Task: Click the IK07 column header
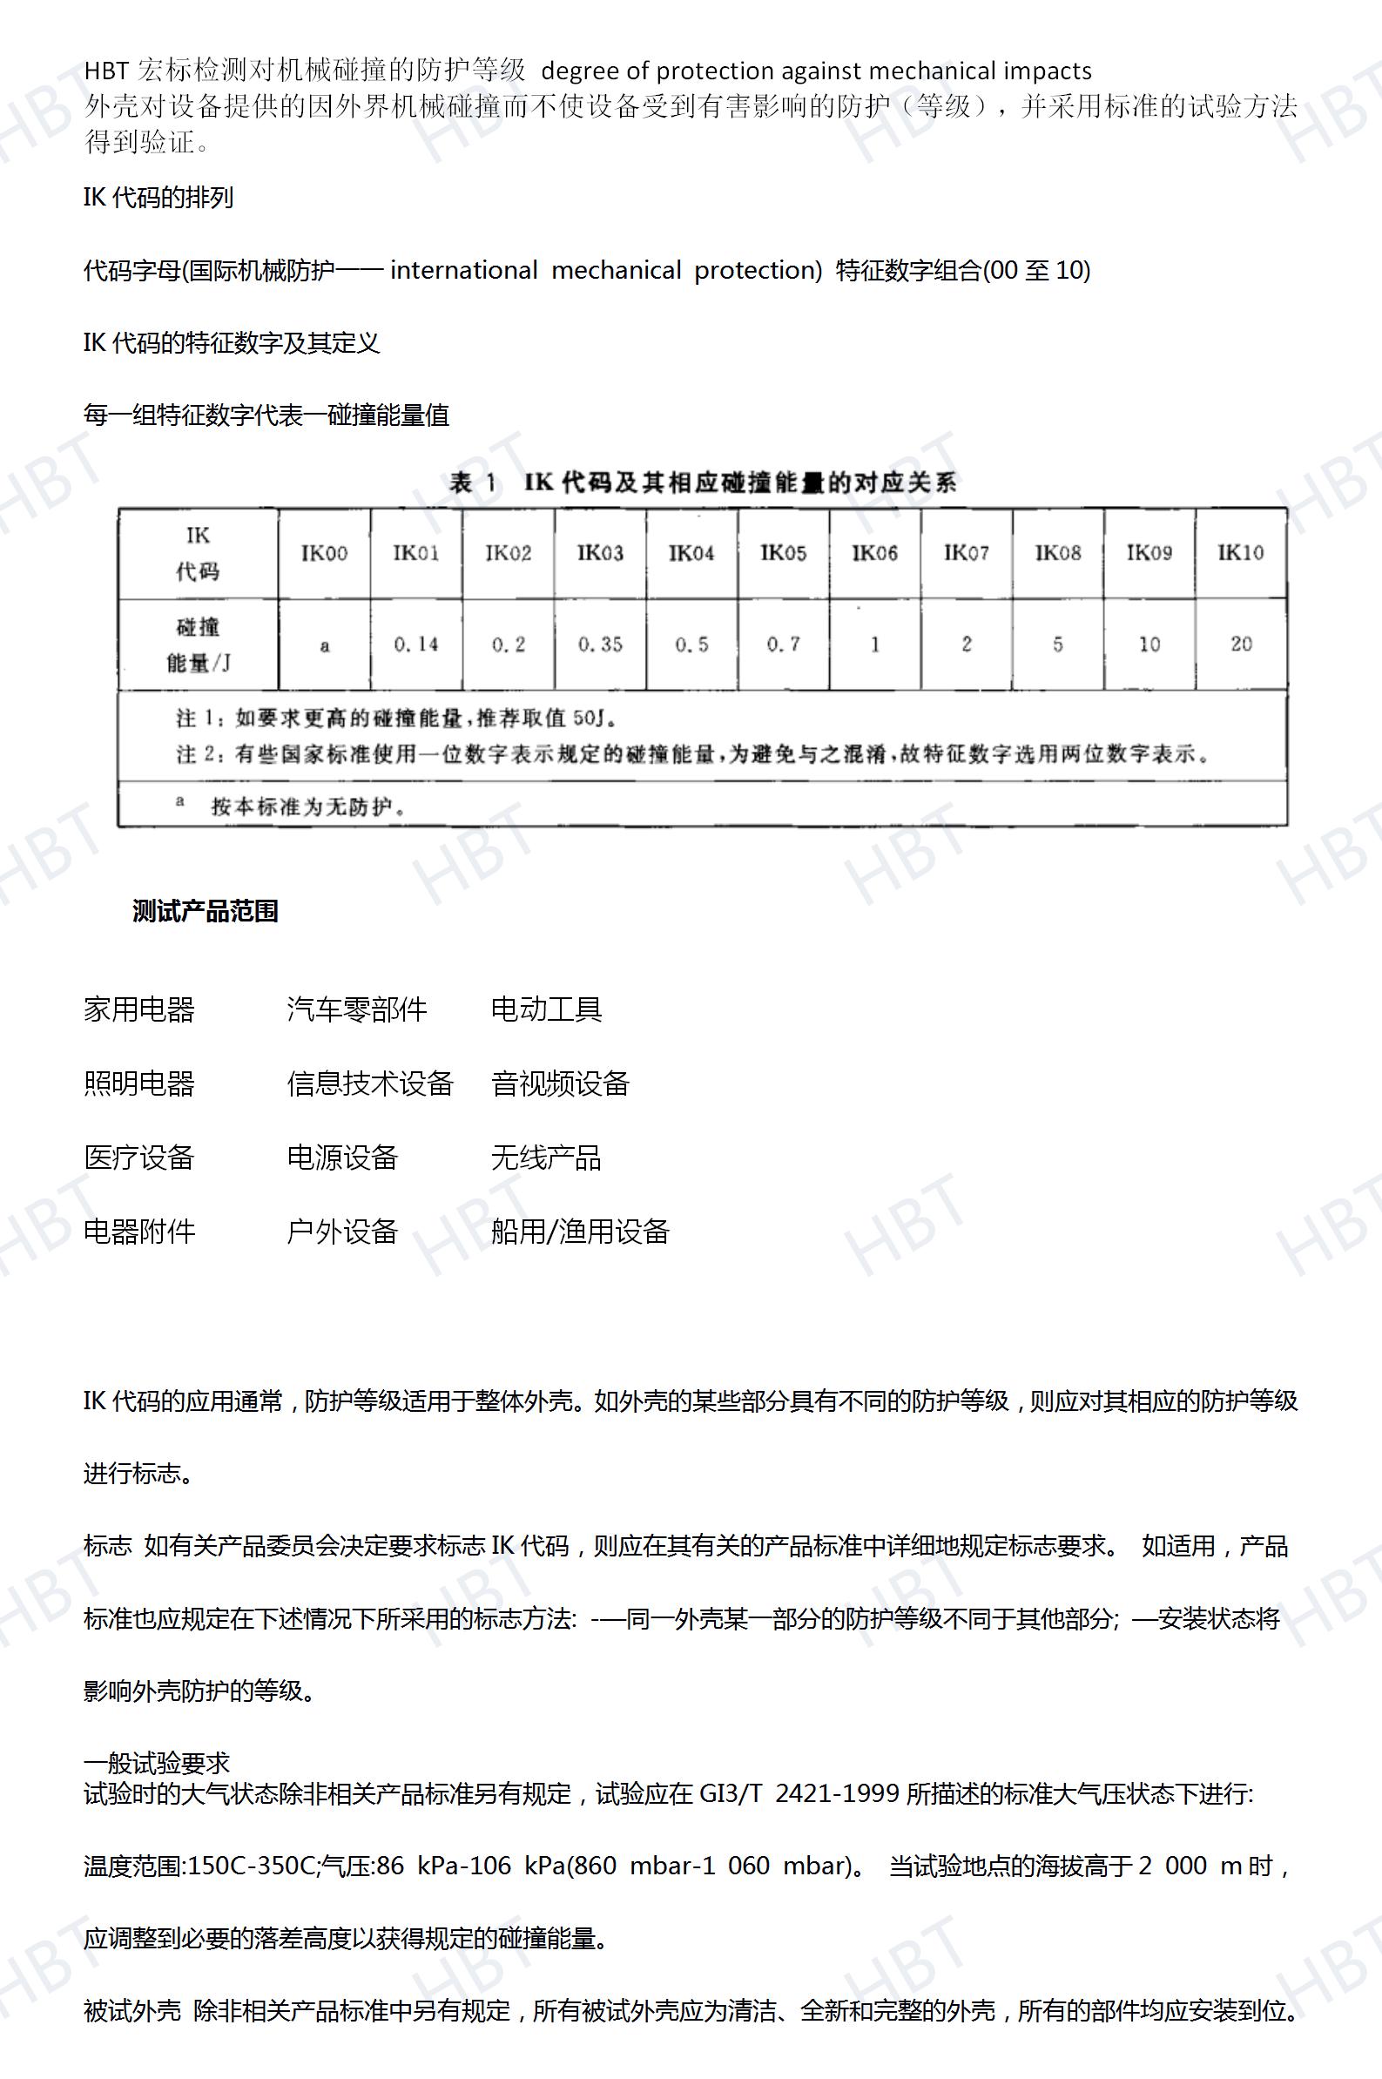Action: tap(966, 553)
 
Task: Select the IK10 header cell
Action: tap(1240, 553)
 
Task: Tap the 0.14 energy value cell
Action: tap(416, 645)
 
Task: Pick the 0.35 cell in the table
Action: tap(600, 645)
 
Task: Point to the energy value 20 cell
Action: tap(1241, 645)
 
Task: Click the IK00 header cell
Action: tap(324, 553)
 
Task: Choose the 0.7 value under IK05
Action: tap(784, 645)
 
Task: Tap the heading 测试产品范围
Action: tap(206, 911)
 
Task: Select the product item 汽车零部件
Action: tap(357, 1009)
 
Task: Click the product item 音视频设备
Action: tap(561, 1083)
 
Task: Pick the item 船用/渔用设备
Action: tap(580, 1232)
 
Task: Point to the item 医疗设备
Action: tap(139, 1158)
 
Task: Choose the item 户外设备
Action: tap(343, 1232)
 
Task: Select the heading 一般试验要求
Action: tap(157, 1764)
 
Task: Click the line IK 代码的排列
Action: tap(158, 198)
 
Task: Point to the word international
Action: tap(463, 270)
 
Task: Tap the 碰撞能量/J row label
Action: tap(198, 645)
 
